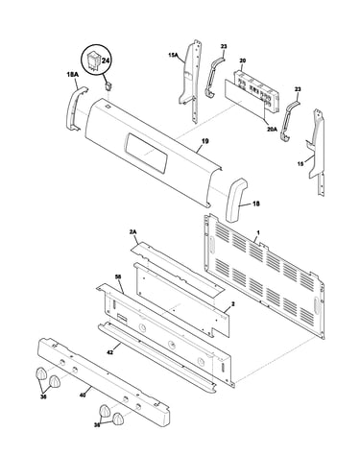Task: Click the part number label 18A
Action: coord(72,75)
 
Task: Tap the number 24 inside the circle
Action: coord(105,60)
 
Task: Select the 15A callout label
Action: coord(173,56)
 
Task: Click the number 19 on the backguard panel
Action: coord(205,141)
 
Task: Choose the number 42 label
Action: coord(110,352)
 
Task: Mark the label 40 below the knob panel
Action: coord(83,396)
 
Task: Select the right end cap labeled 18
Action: coord(236,200)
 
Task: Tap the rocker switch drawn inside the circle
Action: coord(94,60)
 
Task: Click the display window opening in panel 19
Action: coord(146,152)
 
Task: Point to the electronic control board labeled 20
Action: coord(256,90)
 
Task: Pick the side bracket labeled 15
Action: coord(317,151)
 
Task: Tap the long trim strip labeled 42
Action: coord(157,357)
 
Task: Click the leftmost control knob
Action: coord(41,373)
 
